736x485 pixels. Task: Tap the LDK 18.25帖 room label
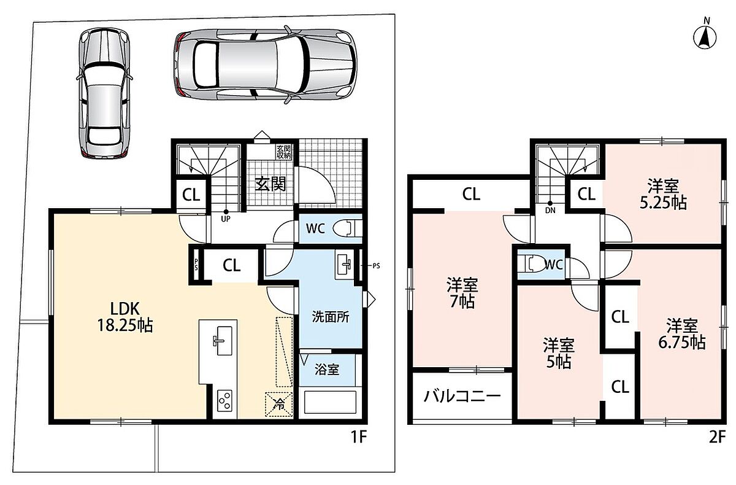125,317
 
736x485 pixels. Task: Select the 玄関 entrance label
270,184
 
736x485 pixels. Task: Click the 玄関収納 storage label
284,152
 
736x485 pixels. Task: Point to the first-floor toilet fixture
347,228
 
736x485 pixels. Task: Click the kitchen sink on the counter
223,341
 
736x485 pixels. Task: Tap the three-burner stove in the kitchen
224,400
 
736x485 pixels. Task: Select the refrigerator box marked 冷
279,405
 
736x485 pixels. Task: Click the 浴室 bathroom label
326,370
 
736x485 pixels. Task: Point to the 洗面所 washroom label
330,317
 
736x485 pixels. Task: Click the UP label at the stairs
226,219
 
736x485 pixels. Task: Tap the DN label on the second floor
550,211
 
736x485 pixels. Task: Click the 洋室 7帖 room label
462,293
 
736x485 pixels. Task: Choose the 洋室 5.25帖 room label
663,195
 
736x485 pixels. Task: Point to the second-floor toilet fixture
531,264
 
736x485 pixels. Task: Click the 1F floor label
358,437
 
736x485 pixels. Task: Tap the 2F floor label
716,437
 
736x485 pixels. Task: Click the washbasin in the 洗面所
344,265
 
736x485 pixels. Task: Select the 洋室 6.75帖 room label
682,334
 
